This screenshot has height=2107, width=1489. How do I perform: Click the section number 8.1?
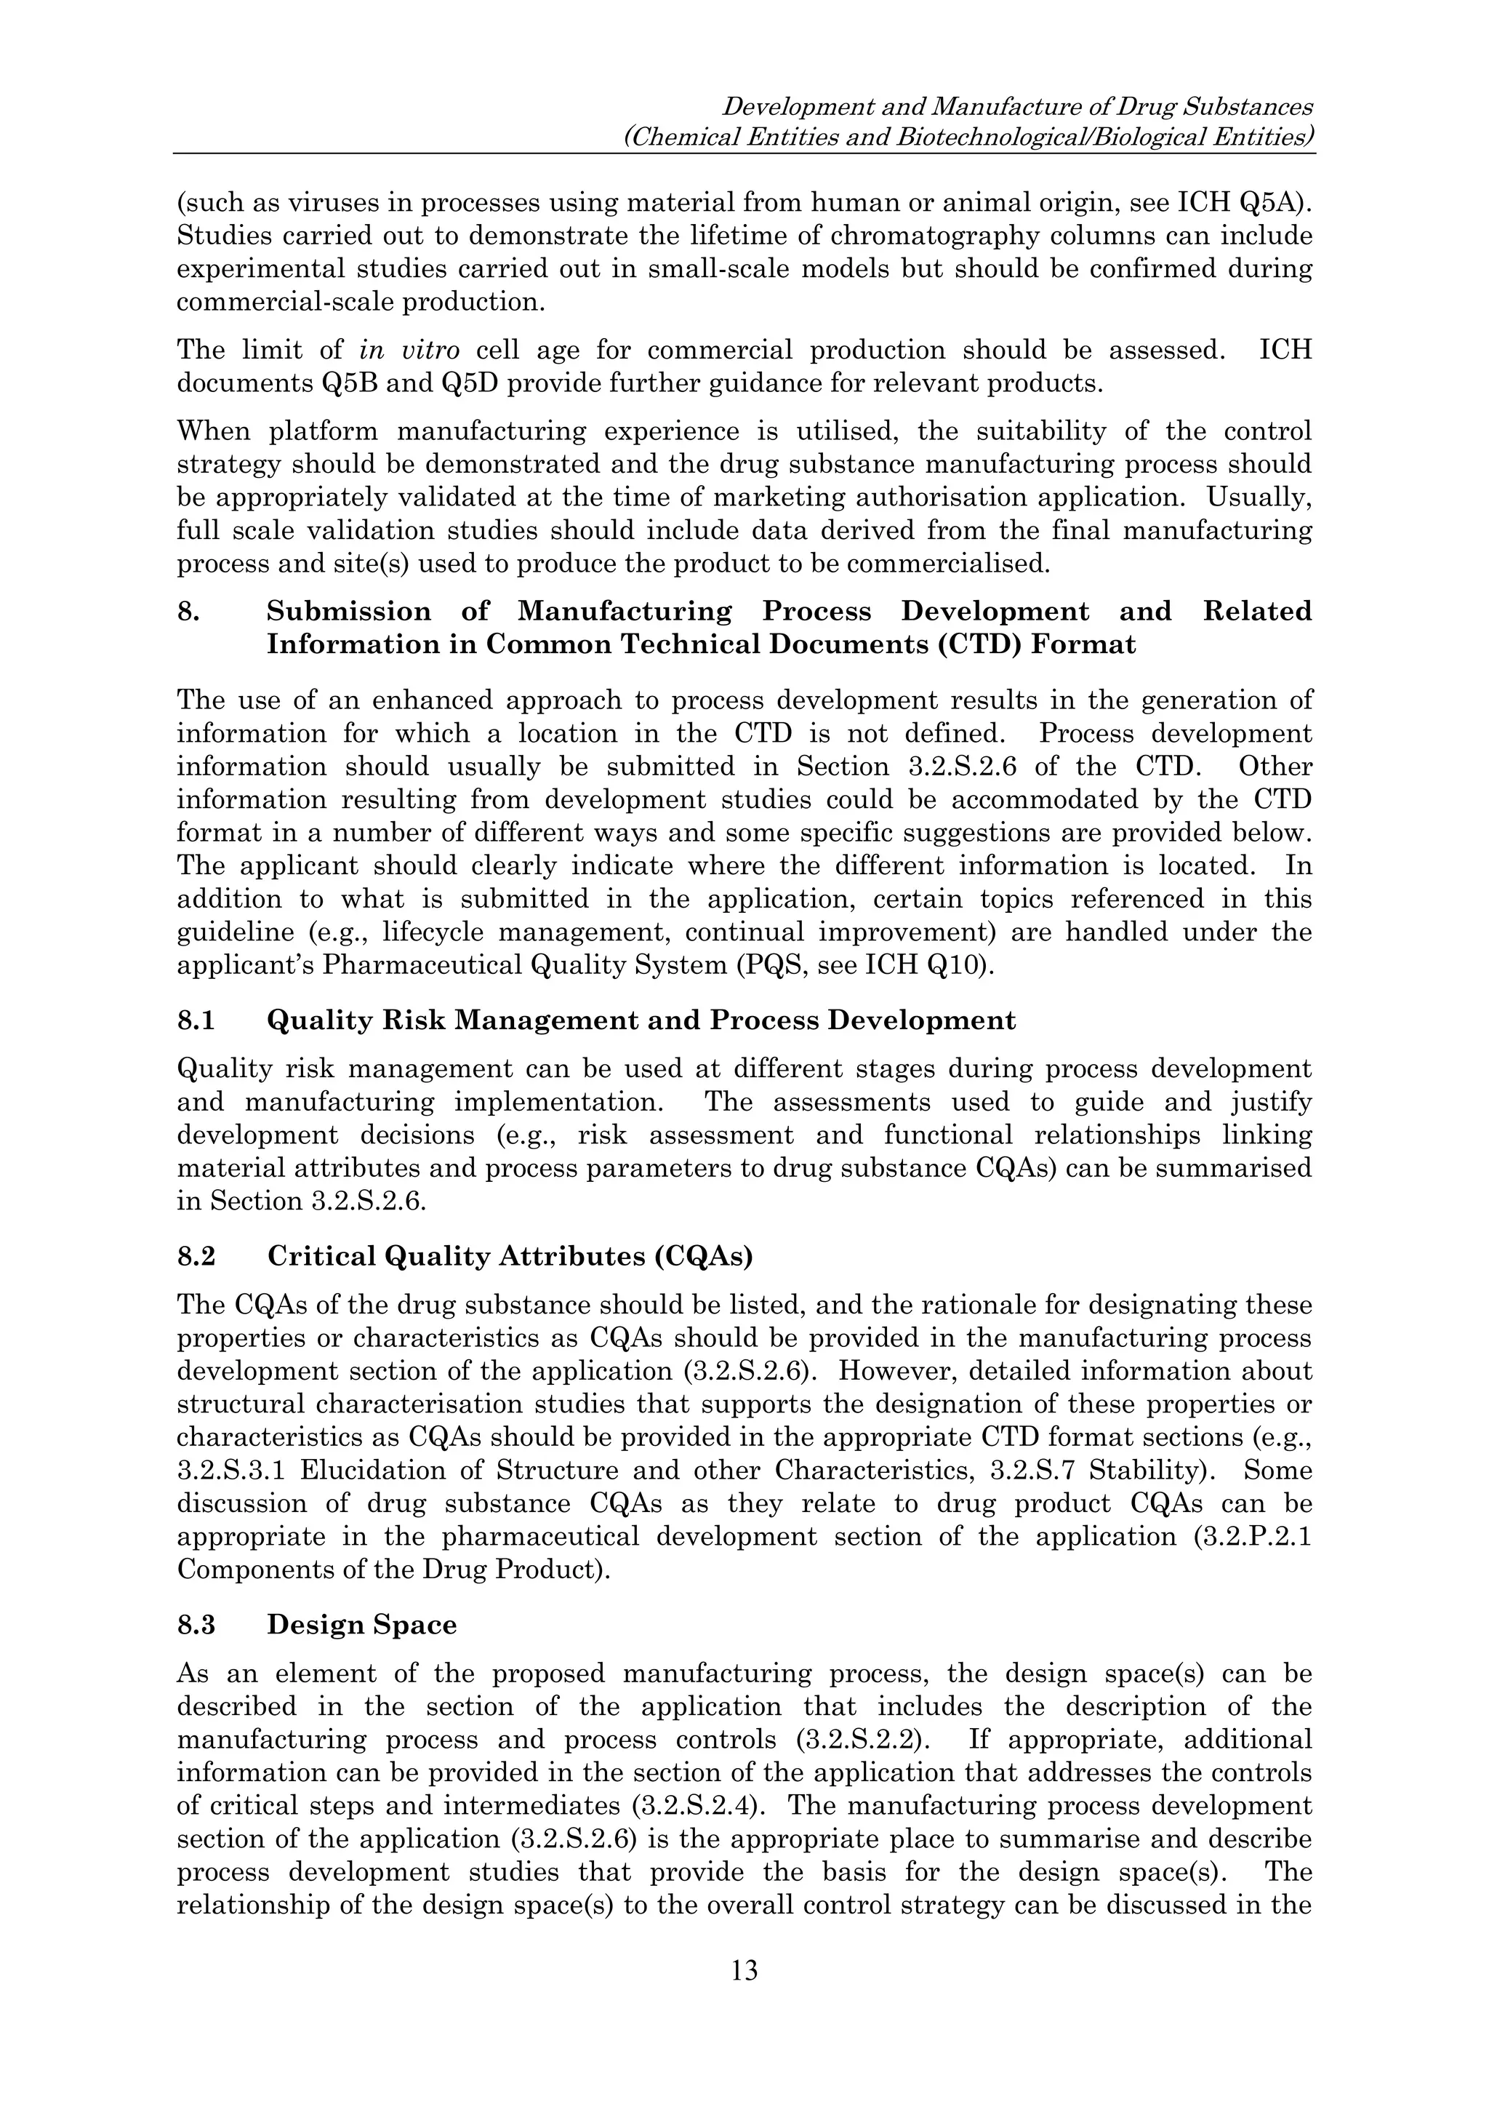tap(196, 1020)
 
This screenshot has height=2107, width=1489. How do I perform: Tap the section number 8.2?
tap(196, 1256)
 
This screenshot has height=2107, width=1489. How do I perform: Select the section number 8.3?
tap(196, 1626)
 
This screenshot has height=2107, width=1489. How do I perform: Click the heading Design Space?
tap(361, 1626)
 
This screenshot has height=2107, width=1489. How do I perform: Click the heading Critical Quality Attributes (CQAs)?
tap(509, 1256)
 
